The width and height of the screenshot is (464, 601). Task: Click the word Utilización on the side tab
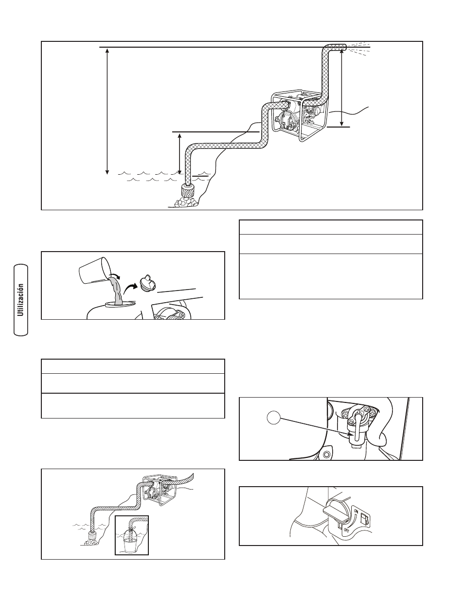coord(21,300)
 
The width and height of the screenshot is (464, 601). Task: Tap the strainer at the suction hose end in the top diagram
coord(188,191)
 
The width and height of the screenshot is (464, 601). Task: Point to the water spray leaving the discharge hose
coord(358,48)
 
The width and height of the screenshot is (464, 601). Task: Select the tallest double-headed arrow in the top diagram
coord(107,111)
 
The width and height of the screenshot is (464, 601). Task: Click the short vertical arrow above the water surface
coord(180,154)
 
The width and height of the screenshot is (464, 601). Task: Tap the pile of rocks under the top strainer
coord(185,202)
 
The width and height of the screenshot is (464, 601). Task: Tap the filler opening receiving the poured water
coord(119,305)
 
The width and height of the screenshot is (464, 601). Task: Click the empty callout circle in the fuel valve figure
coord(274,418)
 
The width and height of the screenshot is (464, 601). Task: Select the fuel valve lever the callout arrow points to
coord(357,427)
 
